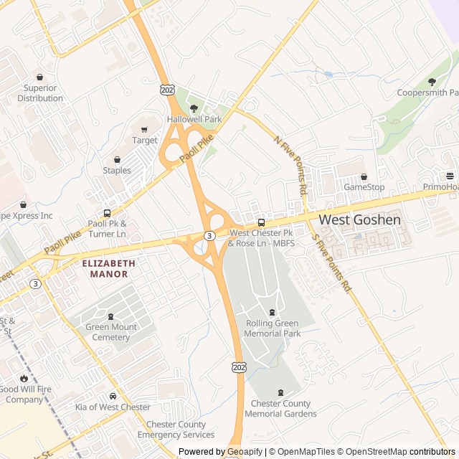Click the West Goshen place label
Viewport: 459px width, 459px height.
pos(359,219)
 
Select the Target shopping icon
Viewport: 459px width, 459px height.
pos(144,129)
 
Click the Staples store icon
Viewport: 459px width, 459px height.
pos(117,159)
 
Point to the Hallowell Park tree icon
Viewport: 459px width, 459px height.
pos(194,108)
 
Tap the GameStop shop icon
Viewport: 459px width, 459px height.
pos(364,176)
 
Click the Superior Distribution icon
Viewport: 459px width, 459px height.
pos(39,77)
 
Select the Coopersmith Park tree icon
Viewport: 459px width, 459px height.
pos(432,82)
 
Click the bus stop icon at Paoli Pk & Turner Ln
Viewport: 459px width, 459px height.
pos(107,213)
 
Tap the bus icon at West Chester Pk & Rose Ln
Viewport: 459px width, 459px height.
pos(261,222)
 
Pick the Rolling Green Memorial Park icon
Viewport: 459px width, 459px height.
pos(272,312)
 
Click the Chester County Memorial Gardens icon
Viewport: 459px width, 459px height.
pos(280,392)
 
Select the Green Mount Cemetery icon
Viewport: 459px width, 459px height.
pos(111,316)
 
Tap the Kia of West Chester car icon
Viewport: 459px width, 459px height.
pos(113,396)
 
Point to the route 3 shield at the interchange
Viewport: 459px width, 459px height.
pos(209,235)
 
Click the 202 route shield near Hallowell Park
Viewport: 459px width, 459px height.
pos(166,90)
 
